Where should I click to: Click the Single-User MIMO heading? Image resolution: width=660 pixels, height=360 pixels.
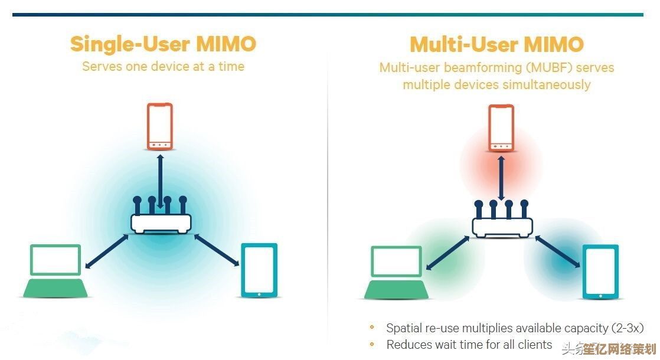[x=163, y=44]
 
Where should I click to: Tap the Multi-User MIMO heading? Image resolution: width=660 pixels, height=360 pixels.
[x=496, y=44]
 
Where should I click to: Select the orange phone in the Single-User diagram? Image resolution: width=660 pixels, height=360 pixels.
[x=160, y=127]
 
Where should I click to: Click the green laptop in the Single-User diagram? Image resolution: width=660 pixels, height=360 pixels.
[x=56, y=271]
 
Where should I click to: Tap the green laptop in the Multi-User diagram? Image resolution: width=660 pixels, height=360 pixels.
[x=397, y=273]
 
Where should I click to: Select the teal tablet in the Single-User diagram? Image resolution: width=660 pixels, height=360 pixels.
[x=259, y=270]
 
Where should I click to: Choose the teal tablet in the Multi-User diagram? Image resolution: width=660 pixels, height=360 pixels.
[x=600, y=272]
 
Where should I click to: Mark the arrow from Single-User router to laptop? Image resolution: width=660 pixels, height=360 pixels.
[x=107, y=250]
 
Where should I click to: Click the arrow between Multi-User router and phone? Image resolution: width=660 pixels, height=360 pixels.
[x=501, y=177]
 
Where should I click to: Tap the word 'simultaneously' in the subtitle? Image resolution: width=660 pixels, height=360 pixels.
[x=546, y=84]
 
